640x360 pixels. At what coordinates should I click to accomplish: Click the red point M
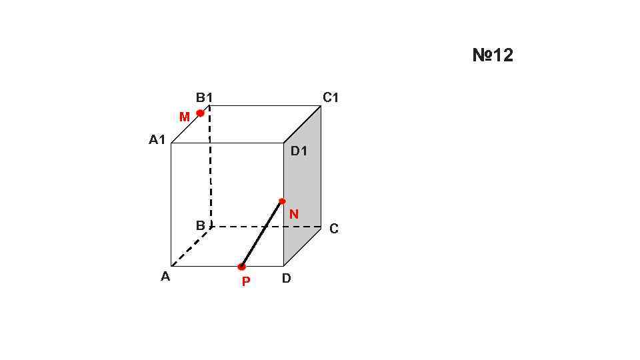pos(200,113)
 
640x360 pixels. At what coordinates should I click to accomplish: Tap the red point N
pos(282,201)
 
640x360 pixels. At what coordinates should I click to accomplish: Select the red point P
pos(241,267)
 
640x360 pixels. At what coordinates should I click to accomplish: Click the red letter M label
pos(185,117)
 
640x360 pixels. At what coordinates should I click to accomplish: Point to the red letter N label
pos(294,215)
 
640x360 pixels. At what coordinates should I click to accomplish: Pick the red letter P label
pos(246,282)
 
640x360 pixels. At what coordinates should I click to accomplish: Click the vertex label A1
pos(157,140)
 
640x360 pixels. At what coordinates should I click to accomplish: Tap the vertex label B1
pos(204,98)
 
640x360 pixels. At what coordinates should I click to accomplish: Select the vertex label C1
pos(331,98)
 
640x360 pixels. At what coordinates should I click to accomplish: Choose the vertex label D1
pos(299,151)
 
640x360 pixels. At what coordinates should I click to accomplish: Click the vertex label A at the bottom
pos(165,277)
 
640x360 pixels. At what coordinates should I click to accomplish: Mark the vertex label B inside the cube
pos(200,226)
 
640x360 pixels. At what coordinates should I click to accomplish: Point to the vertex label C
pos(334,229)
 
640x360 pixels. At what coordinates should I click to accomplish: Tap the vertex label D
pos(286,279)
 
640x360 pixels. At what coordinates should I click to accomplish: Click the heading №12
pos(493,55)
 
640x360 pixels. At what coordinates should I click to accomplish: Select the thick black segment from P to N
pos(262,233)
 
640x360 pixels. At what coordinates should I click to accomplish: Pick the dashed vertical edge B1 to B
pos(210,167)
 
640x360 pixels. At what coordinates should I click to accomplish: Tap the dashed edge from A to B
pos(191,247)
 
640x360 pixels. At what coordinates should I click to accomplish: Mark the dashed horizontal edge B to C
pos(267,227)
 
